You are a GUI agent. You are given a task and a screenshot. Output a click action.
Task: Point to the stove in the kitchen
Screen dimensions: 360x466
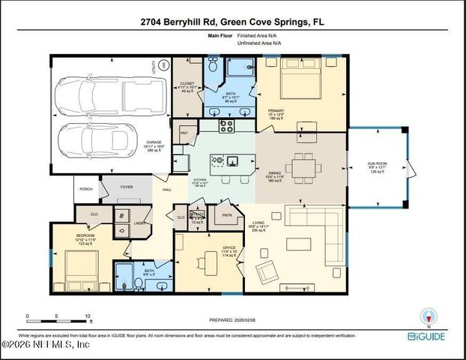point(226,125)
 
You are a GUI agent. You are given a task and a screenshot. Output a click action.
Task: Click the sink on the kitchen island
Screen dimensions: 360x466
point(232,159)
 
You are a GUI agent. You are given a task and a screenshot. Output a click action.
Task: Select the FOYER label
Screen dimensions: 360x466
point(126,187)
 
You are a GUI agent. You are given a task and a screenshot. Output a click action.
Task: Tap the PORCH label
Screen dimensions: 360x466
point(86,189)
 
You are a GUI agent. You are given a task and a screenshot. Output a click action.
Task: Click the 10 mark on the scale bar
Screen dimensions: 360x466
point(87,316)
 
